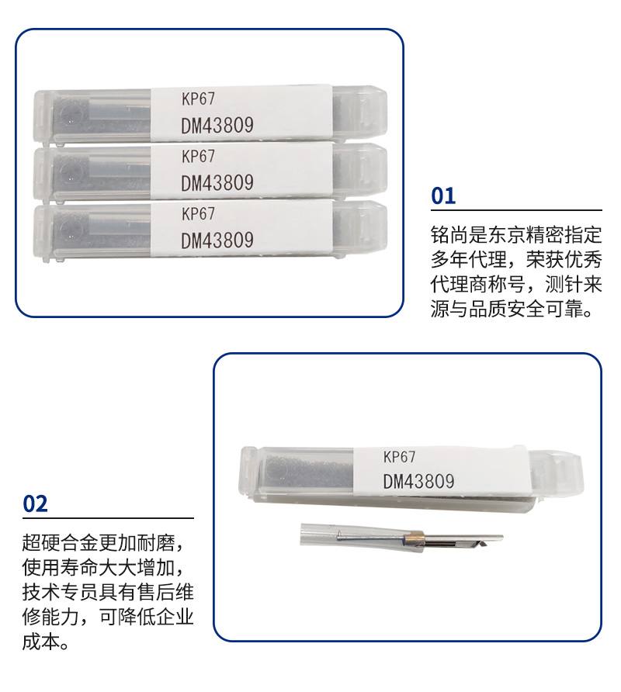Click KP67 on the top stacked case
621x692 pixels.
pyautogui.click(x=198, y=99)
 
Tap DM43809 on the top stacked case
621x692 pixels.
pyautogui.click(x=217, y=126)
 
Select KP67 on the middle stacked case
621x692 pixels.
pyautogui.click(x=198, y=156)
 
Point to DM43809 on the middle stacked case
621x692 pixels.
pyautogui.click(x=217, y=183)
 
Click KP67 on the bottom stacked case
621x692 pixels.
pyautogui.click(x=198, y=214)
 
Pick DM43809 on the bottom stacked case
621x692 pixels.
pyautogui.click(x=217, y=240)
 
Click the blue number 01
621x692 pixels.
pyautogui.click(x=443, y=196)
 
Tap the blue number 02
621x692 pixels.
pyautogui.click(x=35, y=503)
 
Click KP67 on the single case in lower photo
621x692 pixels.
pyautogui.click(x=399, y=457)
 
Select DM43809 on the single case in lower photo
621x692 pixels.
pyautogui.click(x=418, y=482)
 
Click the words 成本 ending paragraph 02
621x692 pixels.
pyautogui.click(x=41, y=642)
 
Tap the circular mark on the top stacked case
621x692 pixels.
pyautogui.click(x=70, y=114)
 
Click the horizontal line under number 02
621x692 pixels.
pyautogui.click(x=108, y=518)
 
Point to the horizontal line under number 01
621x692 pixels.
pyautogui.click(x=516, y=210)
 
